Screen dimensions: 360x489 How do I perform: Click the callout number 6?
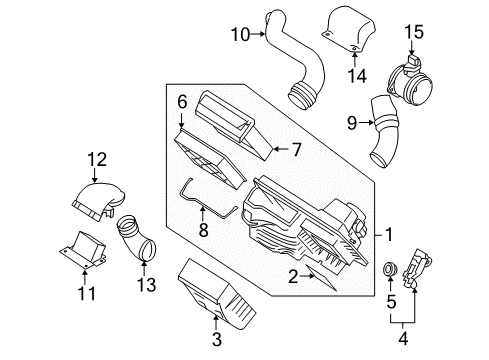(x=182, y=100)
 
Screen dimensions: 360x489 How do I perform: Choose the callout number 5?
(x=391, y=301)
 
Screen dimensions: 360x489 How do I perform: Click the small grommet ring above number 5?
(x=392, y=268)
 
